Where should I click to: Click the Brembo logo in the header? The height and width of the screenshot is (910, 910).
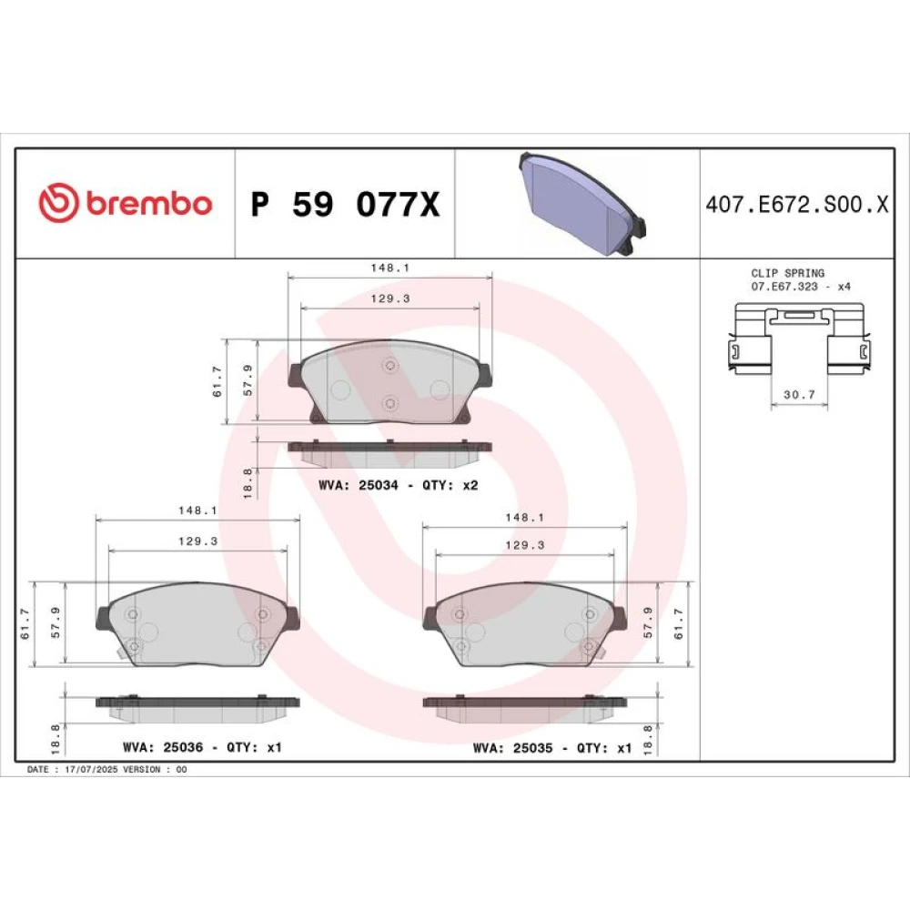126,203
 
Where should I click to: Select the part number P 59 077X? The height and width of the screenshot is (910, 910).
345,204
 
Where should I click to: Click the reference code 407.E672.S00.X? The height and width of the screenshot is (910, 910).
797,204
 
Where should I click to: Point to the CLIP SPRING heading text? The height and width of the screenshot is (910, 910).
787,273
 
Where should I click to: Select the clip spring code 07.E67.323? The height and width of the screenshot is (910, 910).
784,286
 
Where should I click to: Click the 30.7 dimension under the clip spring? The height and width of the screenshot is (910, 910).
799,395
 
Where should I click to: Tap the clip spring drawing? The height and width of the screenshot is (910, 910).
799,339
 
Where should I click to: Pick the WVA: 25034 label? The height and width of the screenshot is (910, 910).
358,485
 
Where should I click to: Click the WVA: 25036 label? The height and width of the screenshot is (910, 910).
163,747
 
